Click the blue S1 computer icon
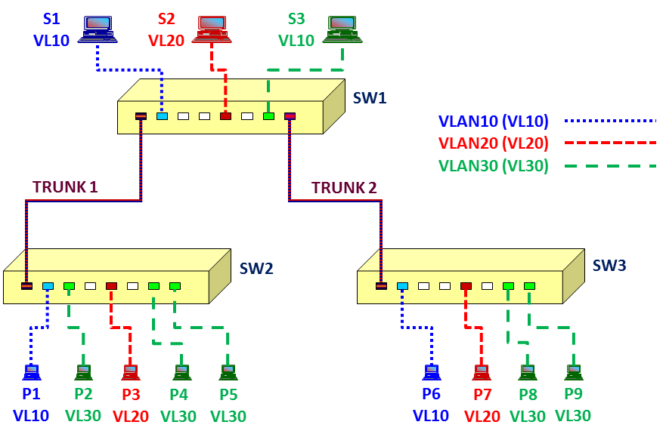click(98, 29)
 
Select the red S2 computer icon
click(212, 29)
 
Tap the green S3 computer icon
click(342, 29)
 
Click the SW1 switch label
click(370, 98)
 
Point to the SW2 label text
click(256, 269)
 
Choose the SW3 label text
click(609, 266)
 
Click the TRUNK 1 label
click(65, 187)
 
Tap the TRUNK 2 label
click(344, 187)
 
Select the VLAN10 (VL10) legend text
click(494, 122)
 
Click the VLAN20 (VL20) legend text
click(494, 143)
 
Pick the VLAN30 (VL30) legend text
click(494, 165)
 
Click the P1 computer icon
click(31, 372)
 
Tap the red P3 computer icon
click(131, 372)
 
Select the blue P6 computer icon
click(432, 372)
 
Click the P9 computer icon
click(574, 372)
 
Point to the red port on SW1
click(226, 116)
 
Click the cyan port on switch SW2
click(48, 286)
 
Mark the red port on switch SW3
click(466, 286)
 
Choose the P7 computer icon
click(481, 372)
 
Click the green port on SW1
click(268, 116)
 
